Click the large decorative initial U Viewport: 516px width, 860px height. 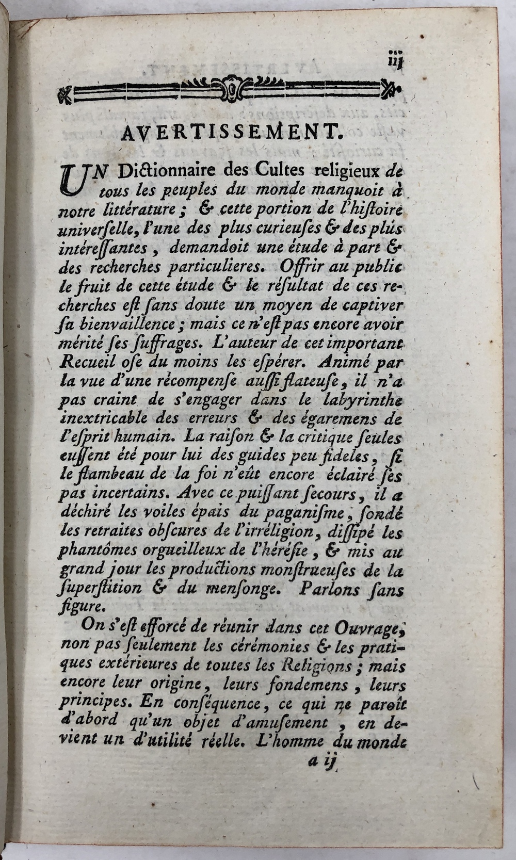click(x=75, y=182)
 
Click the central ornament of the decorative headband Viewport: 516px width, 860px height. click(x=232, y=88)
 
